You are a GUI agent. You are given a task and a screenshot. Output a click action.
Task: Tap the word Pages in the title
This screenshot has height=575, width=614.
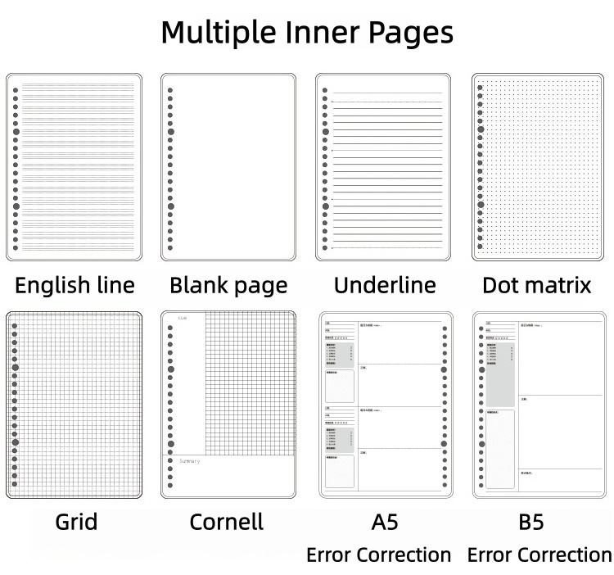click(406, 33)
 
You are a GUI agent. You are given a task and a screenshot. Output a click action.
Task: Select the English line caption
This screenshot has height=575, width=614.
click(74, 285)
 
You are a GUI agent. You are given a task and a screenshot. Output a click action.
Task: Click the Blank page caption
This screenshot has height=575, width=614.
click(228, 285)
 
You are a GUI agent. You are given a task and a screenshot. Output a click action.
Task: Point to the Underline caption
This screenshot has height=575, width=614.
click(384, 285)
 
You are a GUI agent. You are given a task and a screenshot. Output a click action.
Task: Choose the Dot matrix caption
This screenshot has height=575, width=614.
click(536, 285)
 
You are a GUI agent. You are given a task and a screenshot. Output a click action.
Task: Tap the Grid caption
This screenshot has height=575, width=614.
click(76, 522)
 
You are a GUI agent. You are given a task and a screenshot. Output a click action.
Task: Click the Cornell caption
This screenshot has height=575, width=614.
click(227, 522)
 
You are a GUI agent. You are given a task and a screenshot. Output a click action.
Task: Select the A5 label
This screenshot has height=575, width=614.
click(384, 522)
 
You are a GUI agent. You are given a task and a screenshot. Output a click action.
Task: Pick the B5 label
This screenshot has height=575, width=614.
click(531, 522)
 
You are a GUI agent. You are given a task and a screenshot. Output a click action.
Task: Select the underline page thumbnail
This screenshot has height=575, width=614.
click(384, 167)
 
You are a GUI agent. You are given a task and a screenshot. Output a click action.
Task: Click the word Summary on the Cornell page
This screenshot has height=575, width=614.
click(189, 461)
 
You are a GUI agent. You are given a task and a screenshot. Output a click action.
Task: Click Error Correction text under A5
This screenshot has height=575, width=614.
click(378, 555)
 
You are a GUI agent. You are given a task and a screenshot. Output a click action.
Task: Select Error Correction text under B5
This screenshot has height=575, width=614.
click(540, 555)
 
